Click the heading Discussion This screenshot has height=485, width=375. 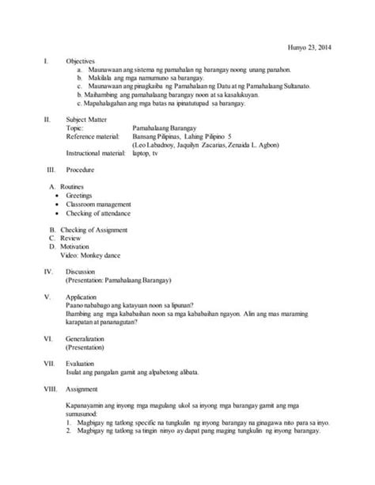click(x=81, y=271)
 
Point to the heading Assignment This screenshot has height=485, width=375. click(x=82, y=389)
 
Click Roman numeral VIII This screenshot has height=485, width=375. click(x=37, y=389)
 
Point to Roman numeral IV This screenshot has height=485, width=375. click(x=36, y=271)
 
